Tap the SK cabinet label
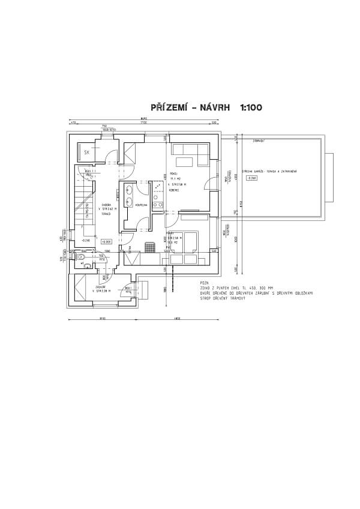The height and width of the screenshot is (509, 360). coord(87,152)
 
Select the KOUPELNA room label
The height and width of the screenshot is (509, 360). coord(142,205)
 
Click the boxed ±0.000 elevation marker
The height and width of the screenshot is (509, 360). coord(107,241)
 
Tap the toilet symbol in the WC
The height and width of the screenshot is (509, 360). coord(80,257)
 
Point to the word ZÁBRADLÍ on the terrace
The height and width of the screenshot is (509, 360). coord(259,140)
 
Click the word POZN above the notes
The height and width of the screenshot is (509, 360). coord(205,282)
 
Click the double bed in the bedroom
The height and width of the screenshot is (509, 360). coord(182,241)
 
